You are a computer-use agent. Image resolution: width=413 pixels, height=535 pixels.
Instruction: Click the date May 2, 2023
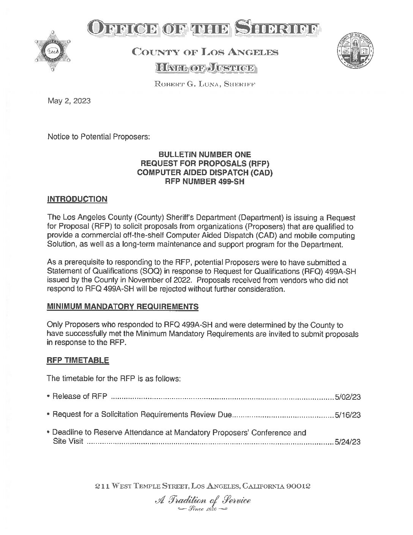[69, 101]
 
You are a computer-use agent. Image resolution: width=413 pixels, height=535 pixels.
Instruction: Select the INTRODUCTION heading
[77, 199]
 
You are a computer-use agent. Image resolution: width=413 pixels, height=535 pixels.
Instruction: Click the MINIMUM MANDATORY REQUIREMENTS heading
[122, 307]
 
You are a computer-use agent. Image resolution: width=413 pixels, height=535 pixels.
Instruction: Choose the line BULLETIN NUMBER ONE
[205, 155]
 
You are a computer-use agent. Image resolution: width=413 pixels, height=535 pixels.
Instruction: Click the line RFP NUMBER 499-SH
[205, 182]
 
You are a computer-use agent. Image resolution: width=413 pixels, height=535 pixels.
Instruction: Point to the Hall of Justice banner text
[205, 68]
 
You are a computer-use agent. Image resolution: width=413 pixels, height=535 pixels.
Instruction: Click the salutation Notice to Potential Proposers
[99, 137]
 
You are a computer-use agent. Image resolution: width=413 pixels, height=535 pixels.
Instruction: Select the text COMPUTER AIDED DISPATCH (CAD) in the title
[205, 173]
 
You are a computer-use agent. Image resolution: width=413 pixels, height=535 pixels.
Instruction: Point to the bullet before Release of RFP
[49, 396]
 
